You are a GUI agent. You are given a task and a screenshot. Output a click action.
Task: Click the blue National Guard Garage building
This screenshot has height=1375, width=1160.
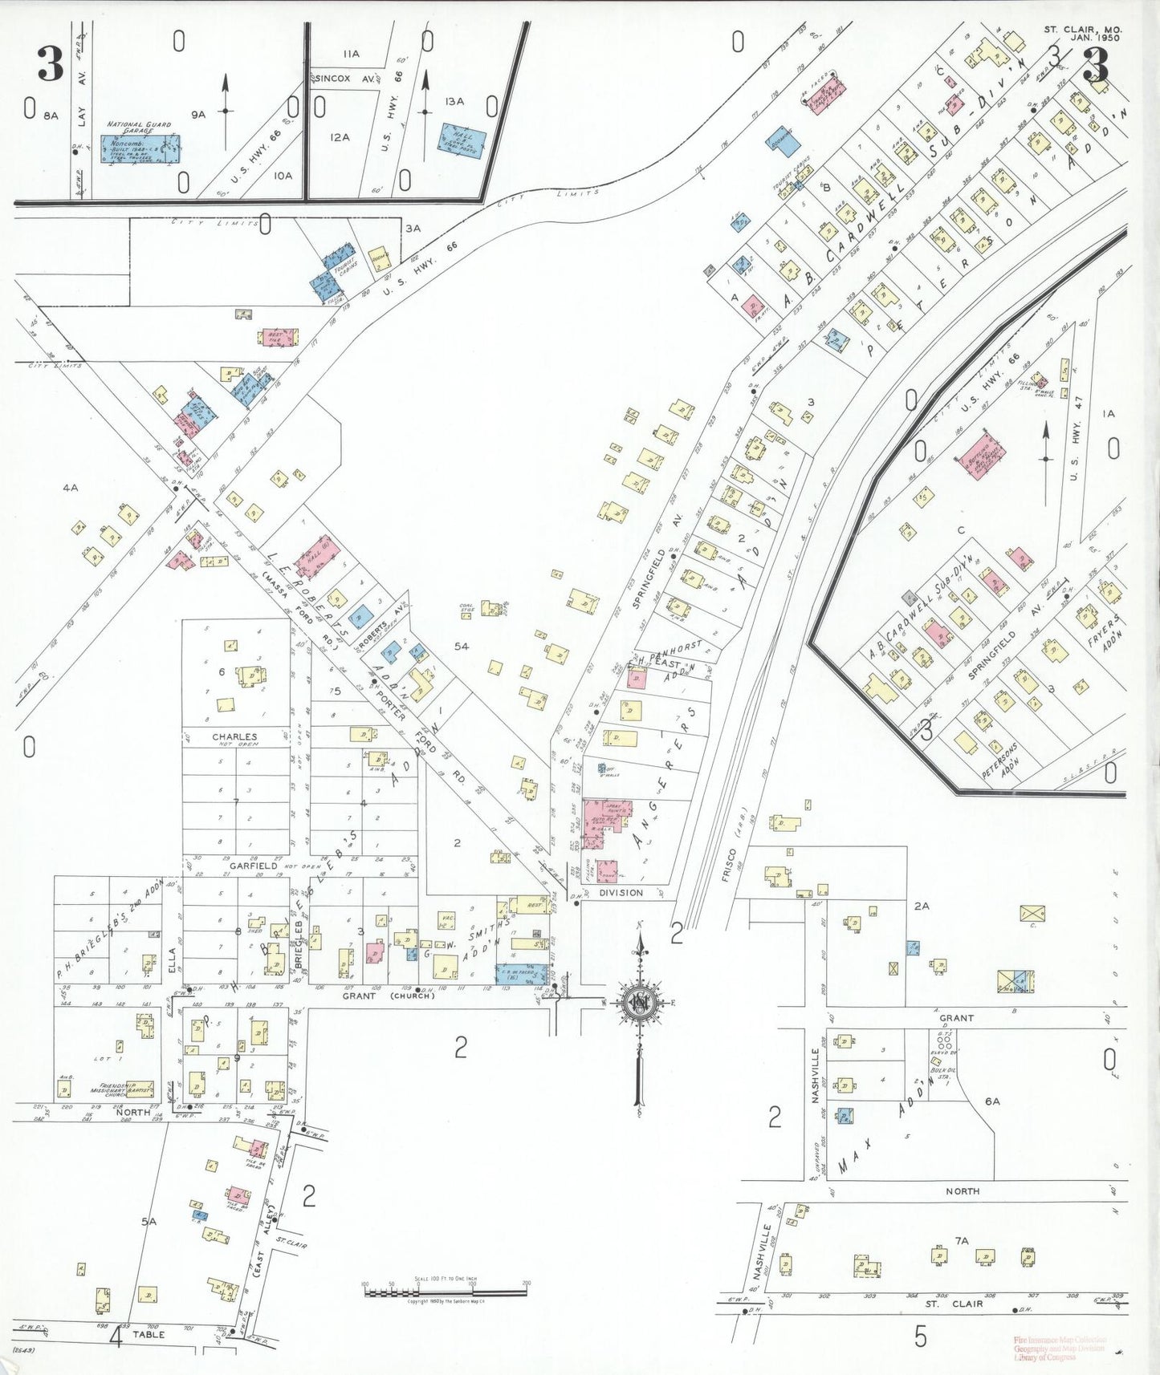point(139,148)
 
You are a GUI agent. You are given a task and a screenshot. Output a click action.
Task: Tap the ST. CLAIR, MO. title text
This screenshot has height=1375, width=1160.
point(1082,30)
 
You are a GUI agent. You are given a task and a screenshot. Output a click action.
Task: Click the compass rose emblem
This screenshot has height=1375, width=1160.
point(640,1003)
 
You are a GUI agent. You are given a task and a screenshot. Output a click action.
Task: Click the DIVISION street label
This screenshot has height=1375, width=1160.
point(621,892)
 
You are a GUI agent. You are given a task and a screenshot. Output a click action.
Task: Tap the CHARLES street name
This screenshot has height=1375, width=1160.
point(234,736)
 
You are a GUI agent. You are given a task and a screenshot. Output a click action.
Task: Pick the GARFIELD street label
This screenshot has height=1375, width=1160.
point(253,866)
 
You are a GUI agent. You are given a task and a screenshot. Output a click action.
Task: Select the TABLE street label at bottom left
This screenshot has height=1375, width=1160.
point(149,1334)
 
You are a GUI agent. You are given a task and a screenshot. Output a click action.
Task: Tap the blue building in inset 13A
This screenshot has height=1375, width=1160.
point(461,140)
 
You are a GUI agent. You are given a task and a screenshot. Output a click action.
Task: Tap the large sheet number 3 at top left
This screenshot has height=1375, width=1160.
point(51,64)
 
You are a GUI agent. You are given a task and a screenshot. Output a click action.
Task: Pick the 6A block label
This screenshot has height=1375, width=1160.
point(992,1101)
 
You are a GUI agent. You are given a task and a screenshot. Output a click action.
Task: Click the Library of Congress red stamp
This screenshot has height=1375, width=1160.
point(1060,1348)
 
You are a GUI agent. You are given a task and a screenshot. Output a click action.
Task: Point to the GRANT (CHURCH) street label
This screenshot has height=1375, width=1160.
point(389,996)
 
